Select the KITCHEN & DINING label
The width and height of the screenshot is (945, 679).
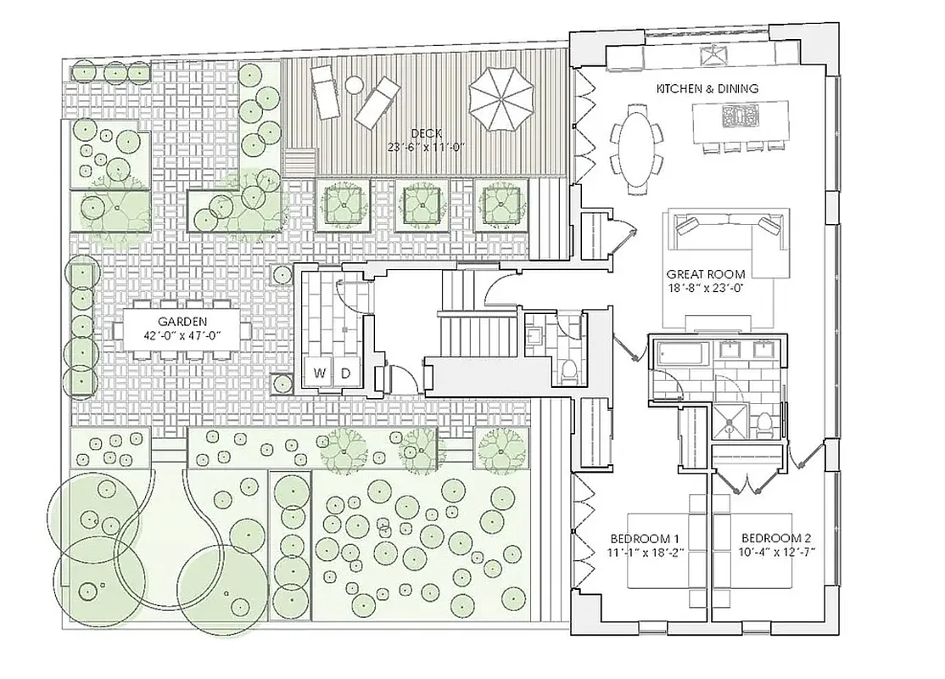coord(707,88)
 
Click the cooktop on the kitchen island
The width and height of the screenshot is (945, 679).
coord(735,115)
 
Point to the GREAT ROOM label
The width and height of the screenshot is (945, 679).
coord(706,274)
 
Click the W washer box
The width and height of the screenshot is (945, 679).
coord(320,373)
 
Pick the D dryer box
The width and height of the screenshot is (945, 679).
coord(345,373)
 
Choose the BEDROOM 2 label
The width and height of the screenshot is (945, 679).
coord(776,538)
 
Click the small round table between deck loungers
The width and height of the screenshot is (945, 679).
coord(354,86)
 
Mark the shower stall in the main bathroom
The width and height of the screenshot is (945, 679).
coord(730,420)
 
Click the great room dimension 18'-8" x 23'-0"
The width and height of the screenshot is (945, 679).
coord(706,288)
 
